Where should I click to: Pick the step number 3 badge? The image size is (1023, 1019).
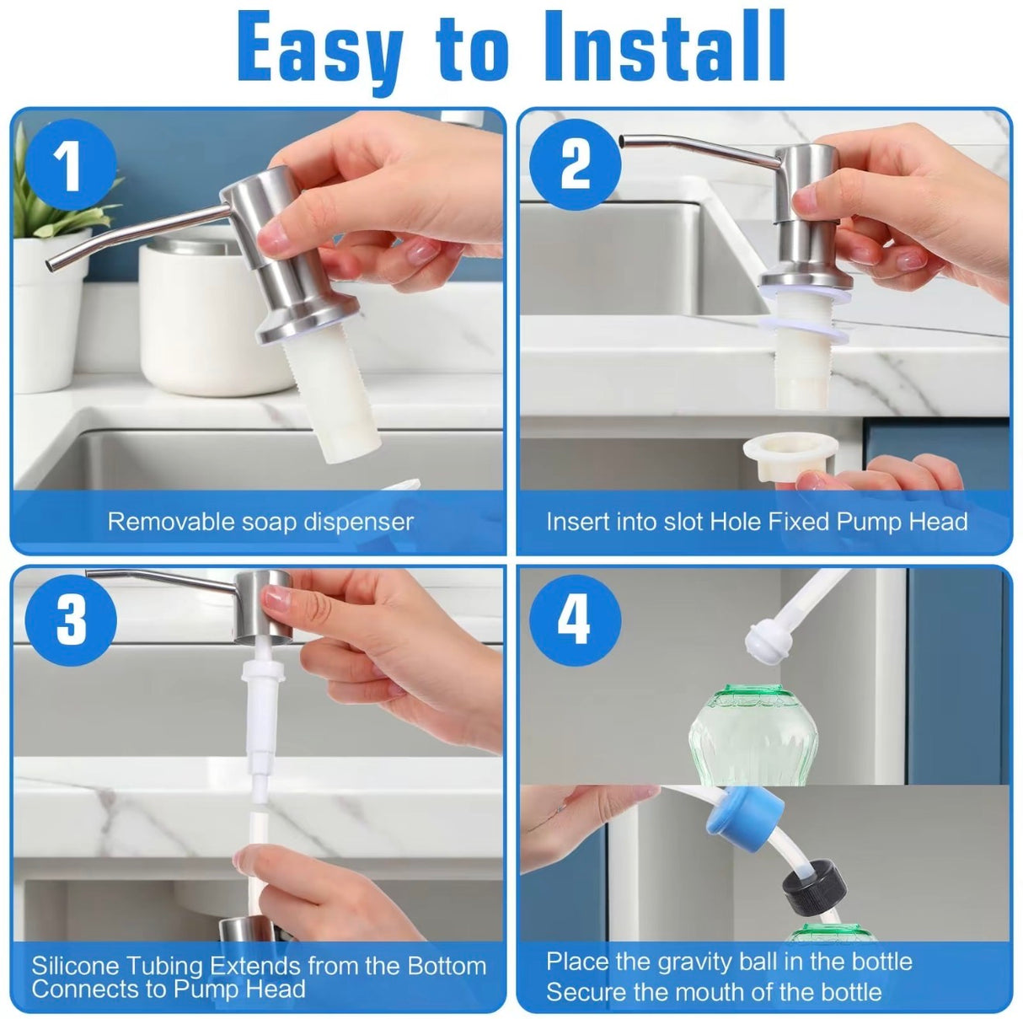pos(71,619)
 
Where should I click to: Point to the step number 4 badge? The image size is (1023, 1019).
pos(575,619)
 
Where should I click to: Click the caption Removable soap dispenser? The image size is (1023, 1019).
pos(260,522)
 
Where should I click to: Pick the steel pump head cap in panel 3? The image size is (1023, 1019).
pos(263,604)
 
